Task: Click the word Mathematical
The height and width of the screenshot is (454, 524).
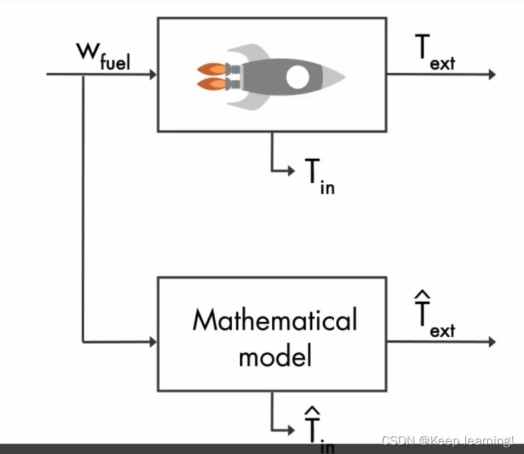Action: click(x=275, y=321)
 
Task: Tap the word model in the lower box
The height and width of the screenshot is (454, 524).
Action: click(x=275, y=357)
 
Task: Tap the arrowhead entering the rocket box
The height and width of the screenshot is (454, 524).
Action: click(x=153, y=74)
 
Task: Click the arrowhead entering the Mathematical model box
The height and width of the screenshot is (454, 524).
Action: click(x=153, y=342)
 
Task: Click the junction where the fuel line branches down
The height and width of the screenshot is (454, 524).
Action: click(x=83, y=74)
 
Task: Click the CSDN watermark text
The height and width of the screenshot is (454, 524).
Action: click(x=447, y=441)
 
